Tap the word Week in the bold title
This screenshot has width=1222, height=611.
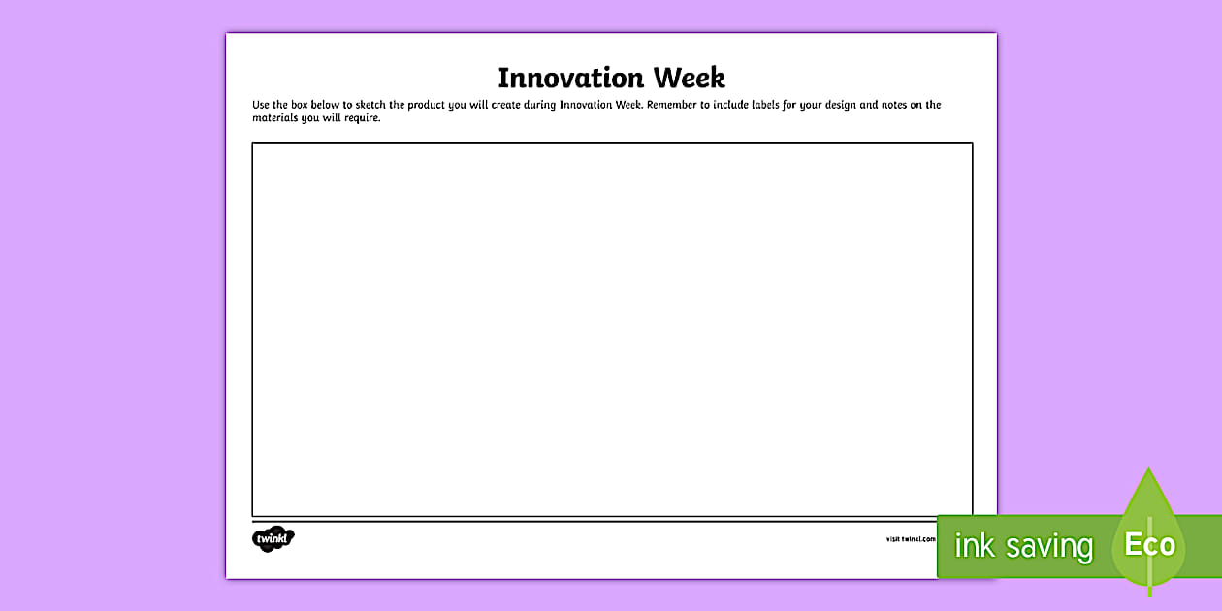point(689,78)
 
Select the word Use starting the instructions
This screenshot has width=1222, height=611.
point(262,105)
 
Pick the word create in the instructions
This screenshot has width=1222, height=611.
point(507,105)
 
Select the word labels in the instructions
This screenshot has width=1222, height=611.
point(771,105)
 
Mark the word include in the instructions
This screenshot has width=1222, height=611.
point(732,105)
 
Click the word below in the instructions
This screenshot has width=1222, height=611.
point(326,105)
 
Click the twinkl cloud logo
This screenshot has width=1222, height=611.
point(273,538)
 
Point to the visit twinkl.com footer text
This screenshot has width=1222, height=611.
point(910,539)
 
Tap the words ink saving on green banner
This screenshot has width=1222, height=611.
point(1023,546)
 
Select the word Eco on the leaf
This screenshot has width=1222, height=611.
point(1149,544)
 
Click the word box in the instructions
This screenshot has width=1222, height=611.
point(300,105)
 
